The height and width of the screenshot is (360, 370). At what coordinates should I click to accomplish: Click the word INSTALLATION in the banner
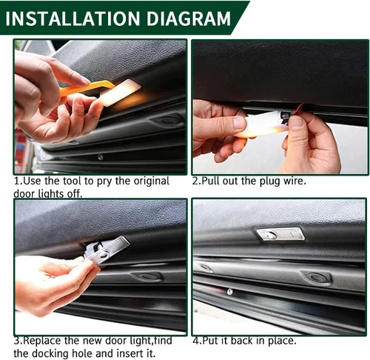(73, 19)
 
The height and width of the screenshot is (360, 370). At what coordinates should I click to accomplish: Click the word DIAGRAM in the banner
(189, 19)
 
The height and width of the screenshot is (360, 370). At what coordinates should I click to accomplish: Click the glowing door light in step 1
(120, 93)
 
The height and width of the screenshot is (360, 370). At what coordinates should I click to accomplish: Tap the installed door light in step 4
(280, 234)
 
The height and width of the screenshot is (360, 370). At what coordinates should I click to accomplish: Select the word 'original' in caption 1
(151, 181)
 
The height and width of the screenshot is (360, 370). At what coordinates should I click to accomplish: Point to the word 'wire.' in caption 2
(295, 181)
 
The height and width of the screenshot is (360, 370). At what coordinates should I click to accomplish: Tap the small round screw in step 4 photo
(230, 292)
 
